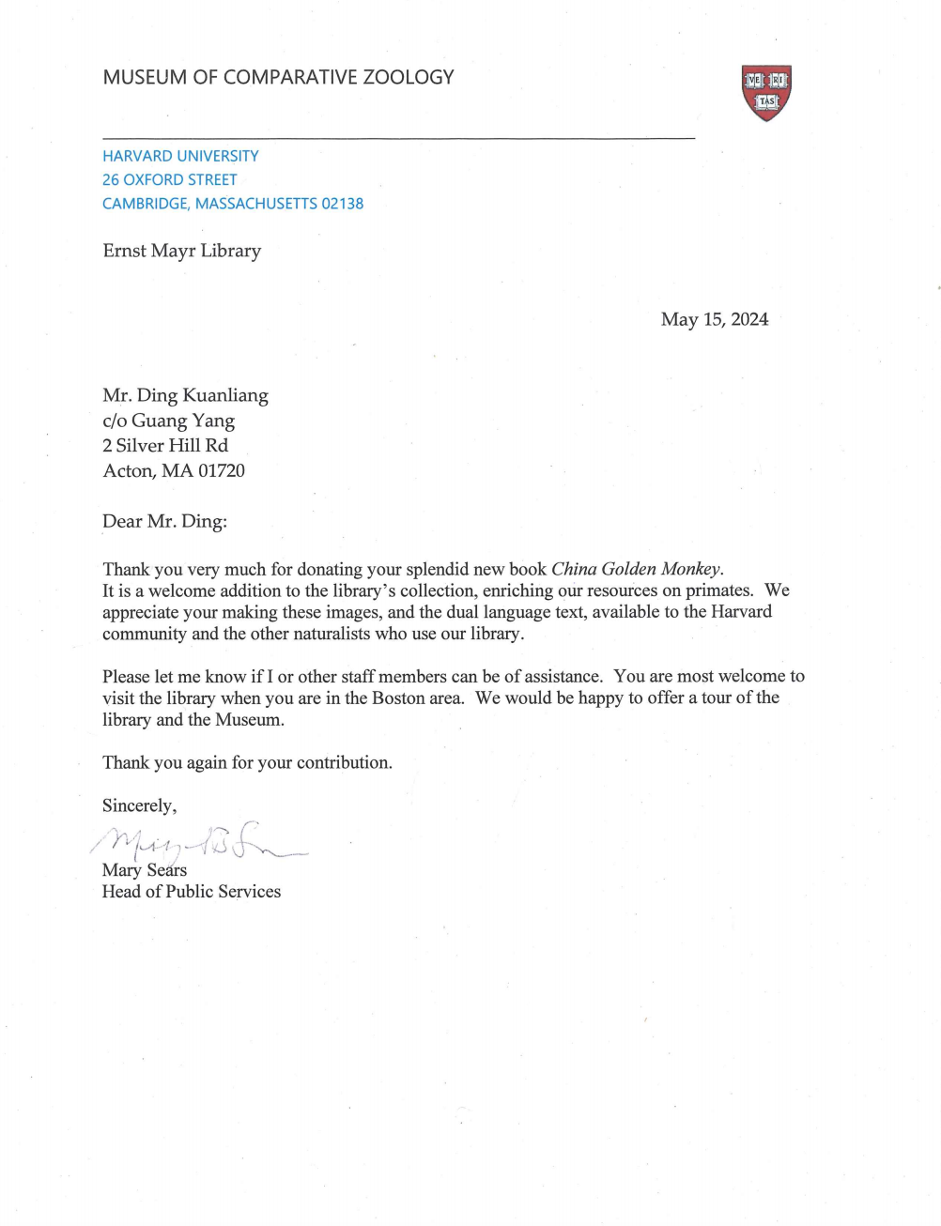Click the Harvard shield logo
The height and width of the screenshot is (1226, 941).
pos(766,92)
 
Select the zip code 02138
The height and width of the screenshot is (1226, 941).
pos(342,204)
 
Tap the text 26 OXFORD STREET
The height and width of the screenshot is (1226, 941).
pos(170,179)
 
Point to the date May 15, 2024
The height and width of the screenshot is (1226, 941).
pos(714,319)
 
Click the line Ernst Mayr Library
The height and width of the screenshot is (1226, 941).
pos(182,251)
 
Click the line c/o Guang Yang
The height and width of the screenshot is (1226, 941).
pos(169,421)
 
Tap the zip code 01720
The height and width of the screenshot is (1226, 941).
pos(221,470)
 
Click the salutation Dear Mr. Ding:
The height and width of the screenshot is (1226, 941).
pos(165,521)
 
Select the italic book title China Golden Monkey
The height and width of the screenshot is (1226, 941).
pos(636,569)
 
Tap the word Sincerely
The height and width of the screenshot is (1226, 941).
pos(138,805)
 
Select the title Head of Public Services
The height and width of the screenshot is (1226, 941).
pos(192,891)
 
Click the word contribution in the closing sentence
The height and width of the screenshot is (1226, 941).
pos(343,762)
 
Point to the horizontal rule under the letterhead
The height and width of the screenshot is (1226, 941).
pos(399,139)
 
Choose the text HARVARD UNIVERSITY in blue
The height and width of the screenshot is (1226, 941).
pos(180,156)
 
